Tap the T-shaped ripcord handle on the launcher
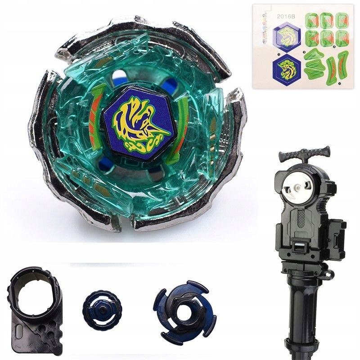tap(300, 156)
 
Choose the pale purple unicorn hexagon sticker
tap(287, 36)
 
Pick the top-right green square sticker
tap(342, 20)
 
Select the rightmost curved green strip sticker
tap(343, 65)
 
